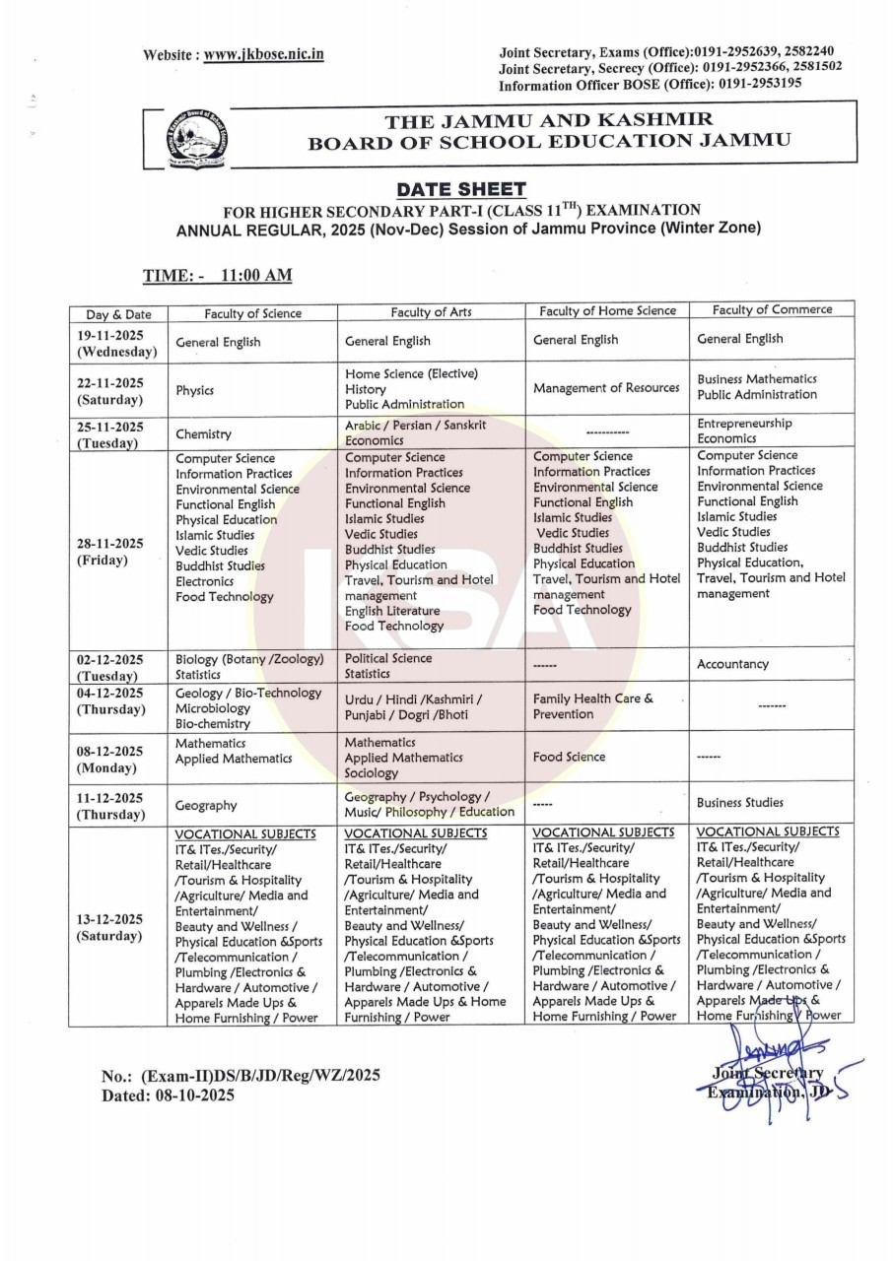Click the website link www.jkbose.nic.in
tap(264, 55)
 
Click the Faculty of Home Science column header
tap(607, 310)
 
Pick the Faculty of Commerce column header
tap(772, 309)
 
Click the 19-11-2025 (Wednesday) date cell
tap(117, 343)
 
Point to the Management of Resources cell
tap(606, 387)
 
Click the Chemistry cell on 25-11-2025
tap(203, 433)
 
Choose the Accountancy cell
tap(732, 664)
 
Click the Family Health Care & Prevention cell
tap(592, 705)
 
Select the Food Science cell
tap(569, 757)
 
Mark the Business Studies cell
tap(740, 802)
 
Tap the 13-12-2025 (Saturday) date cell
tap(111, 927)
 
